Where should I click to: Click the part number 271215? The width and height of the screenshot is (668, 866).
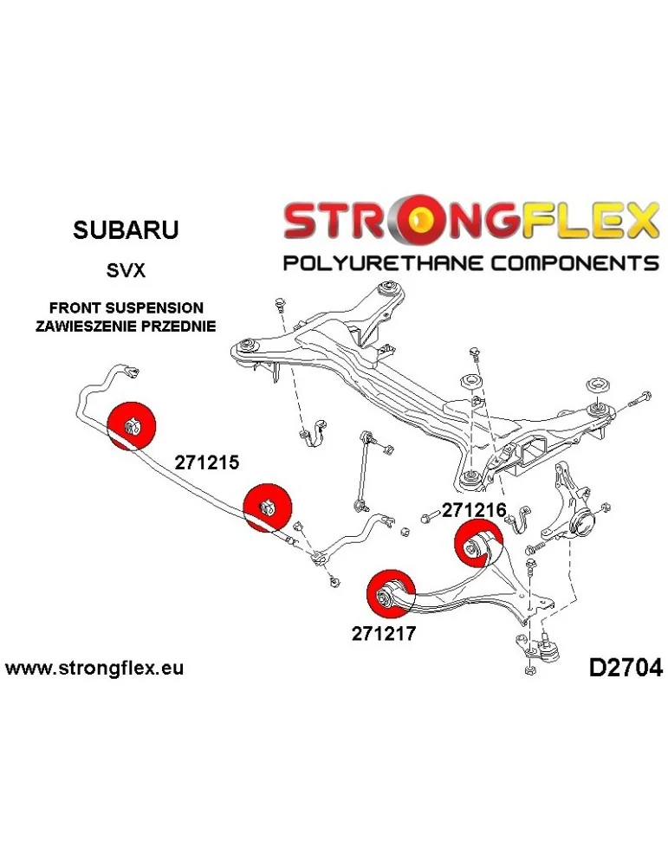tap(206, 462)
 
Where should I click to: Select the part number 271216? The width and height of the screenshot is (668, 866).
tap(473, 511)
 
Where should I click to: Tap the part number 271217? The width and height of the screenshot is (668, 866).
tap(385, 633)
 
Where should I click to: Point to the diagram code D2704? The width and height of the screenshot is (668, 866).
tap(625, 669)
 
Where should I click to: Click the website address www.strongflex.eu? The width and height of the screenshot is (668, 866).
tap(94, 669)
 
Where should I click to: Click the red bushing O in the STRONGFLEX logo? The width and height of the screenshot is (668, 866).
tap(426, 223)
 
